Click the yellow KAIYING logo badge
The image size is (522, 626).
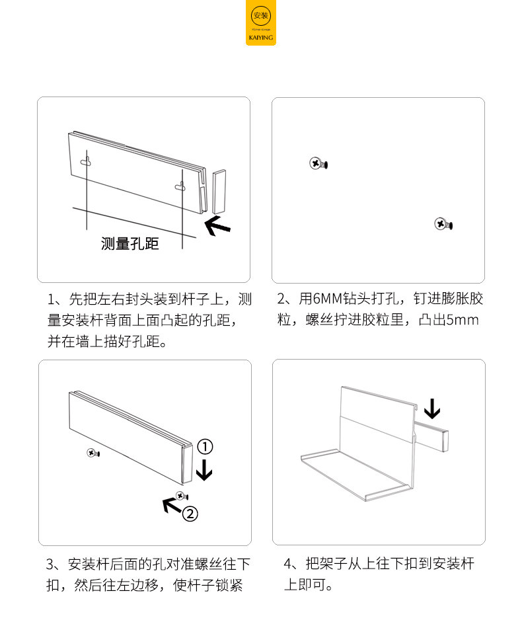[x=261, y=24]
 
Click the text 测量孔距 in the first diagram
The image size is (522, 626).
[x=130, y=244]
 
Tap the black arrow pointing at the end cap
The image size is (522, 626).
[x=218, y=226]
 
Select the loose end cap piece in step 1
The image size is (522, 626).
[x=219, y=192]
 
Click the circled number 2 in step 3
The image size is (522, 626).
[x=190, y=513]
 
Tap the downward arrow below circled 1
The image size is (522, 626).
[x=205, y=471]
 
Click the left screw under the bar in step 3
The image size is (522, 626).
[x=92, y=453]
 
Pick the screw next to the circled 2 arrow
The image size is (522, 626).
[x=182, y=495]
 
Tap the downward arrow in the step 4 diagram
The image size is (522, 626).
[x=431, y=408]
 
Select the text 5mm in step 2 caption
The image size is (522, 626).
[x=462, y=321]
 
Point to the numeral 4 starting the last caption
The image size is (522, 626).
[x=287, y=564]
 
